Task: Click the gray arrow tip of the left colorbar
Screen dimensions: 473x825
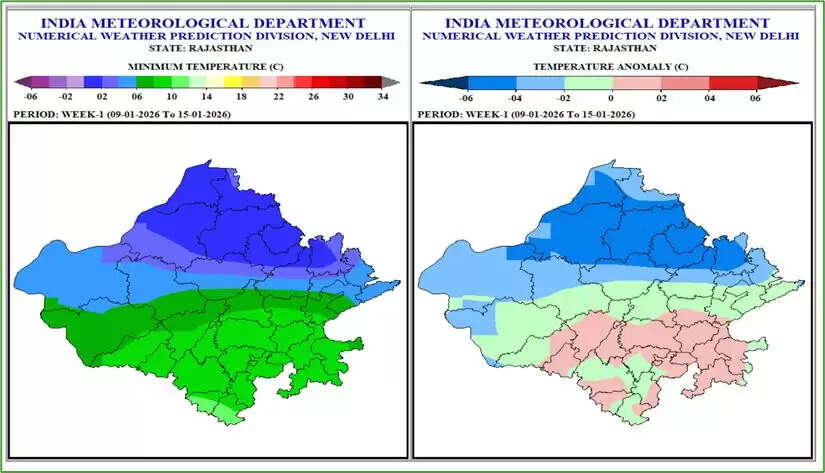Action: [393, 83]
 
